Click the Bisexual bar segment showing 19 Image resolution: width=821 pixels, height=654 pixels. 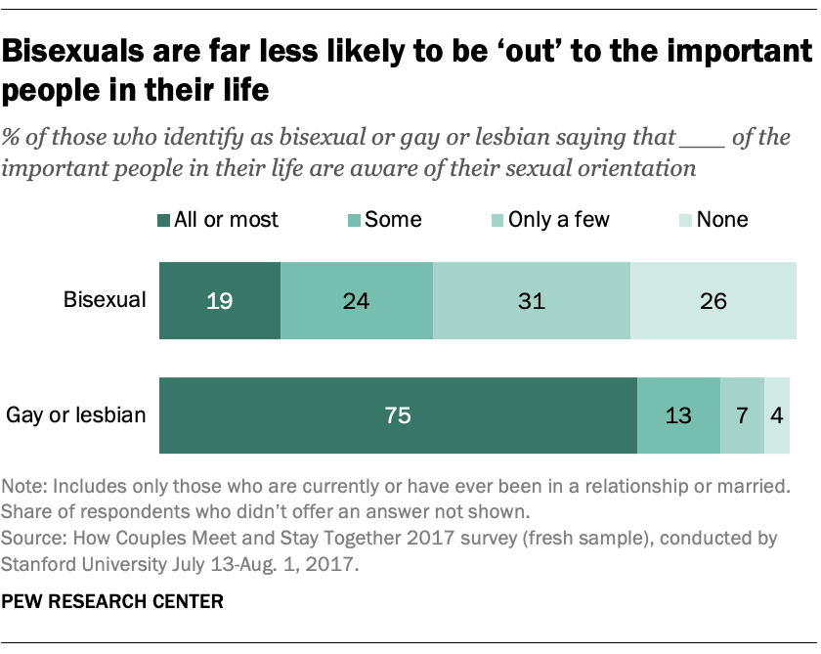click(219, 300)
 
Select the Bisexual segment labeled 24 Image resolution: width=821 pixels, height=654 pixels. click(356, 300)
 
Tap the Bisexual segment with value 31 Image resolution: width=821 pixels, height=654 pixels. click(532, 300)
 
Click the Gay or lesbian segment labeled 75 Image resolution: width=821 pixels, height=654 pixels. click(397, 415)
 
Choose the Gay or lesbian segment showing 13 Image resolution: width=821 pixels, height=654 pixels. click(678, 415)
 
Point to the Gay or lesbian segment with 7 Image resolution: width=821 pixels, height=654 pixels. click(742, 415)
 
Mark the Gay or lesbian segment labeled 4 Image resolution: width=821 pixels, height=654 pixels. click(777, 415)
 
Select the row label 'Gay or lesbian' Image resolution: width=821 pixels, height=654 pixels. click(76, 415)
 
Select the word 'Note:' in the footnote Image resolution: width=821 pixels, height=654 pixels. click(25, 487)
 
